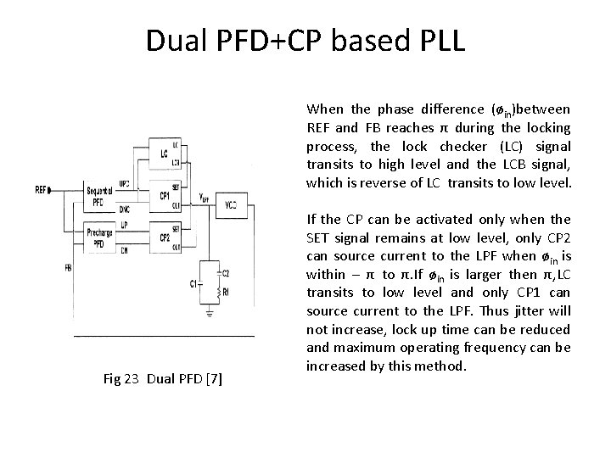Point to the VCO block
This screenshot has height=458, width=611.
tap(232, 205)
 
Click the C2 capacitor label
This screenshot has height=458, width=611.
tap(224, 273)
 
